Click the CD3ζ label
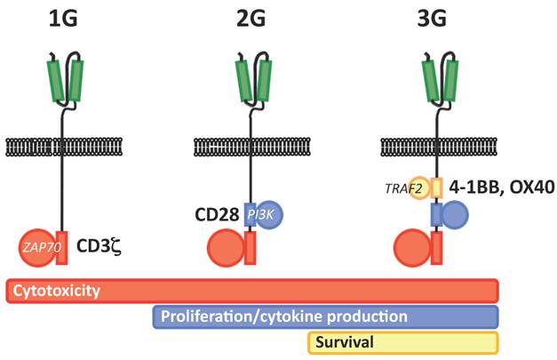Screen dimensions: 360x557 click(98, 246)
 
